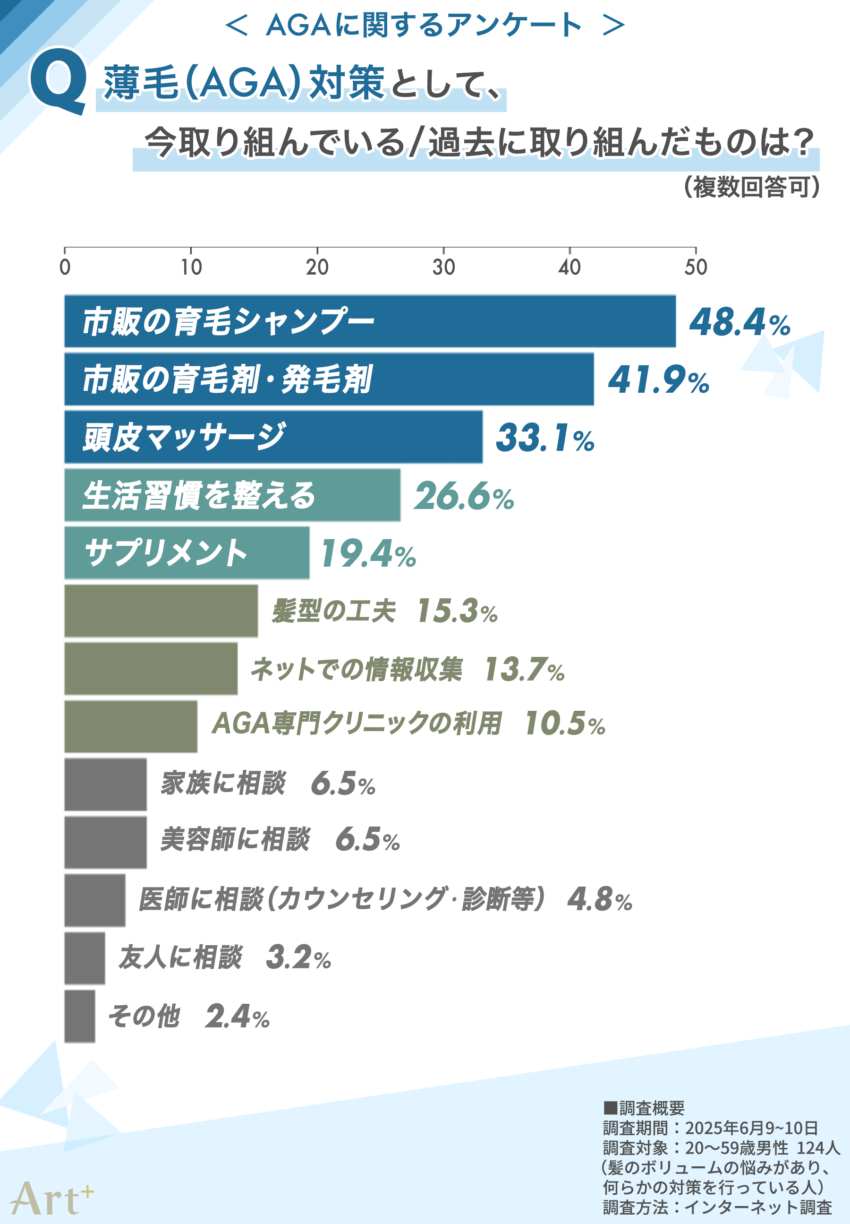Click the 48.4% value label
coord(739,322)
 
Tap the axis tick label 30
coord(443,267)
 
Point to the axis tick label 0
coord(65,267)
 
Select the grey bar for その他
coord(80,1016)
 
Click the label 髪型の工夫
coord(333,611)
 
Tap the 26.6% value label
coord(463,496)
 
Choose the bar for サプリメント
coord(187,552)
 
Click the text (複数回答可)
coord(751,187)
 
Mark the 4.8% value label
coord(599,899)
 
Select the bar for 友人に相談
coord(85,957)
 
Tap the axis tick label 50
coord(695,267)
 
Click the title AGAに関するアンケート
coord(424,25)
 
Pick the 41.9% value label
coord(658,380)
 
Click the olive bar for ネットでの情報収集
coord(151,668)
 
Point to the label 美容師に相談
coord(234,839)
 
